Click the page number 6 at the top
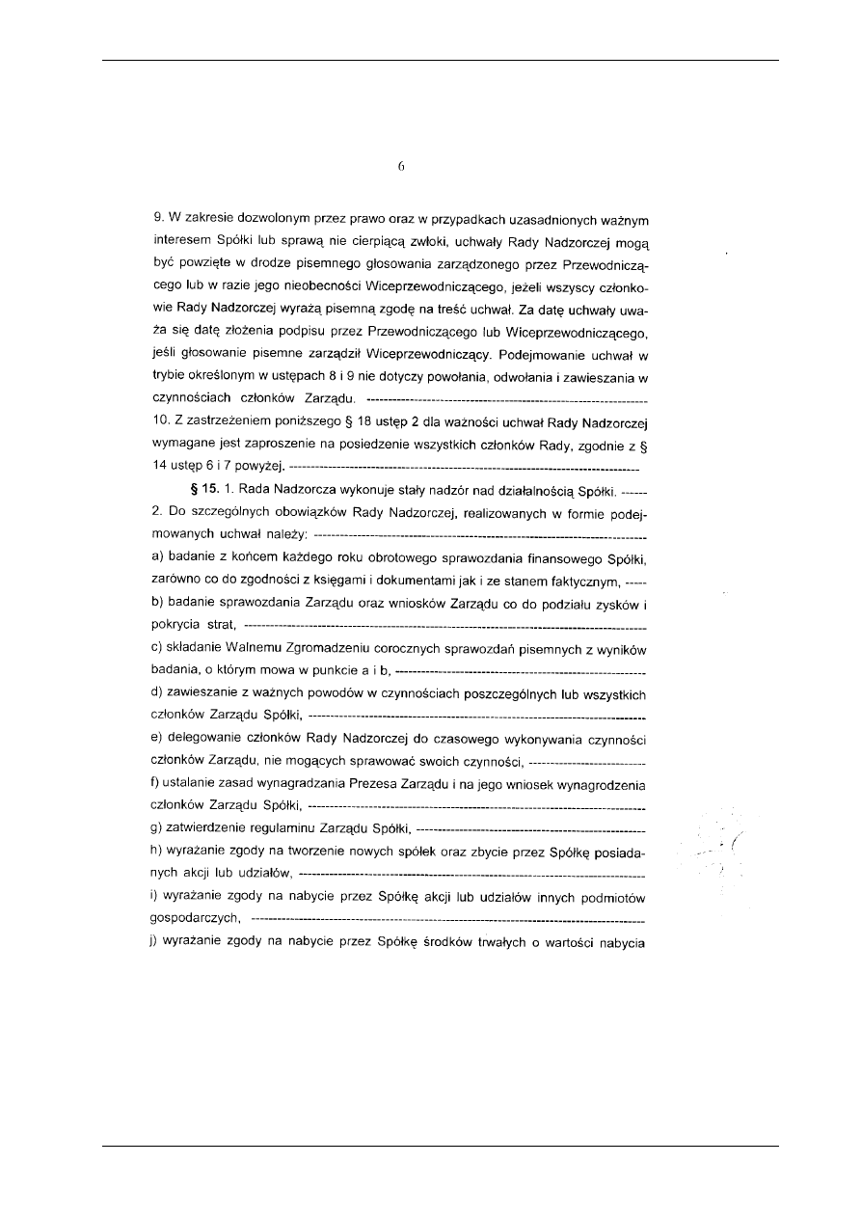point(400,166)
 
